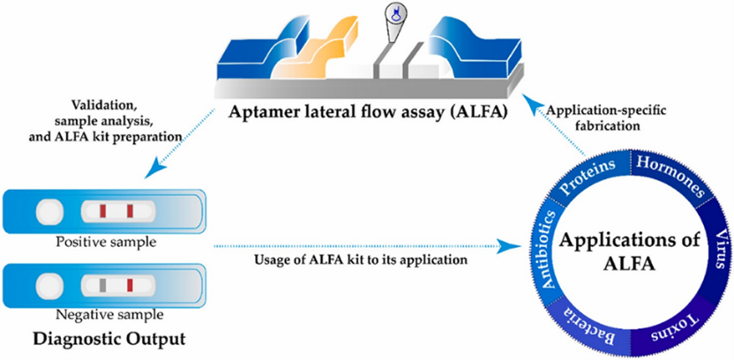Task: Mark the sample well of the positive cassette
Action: click(x=48, y=212)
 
